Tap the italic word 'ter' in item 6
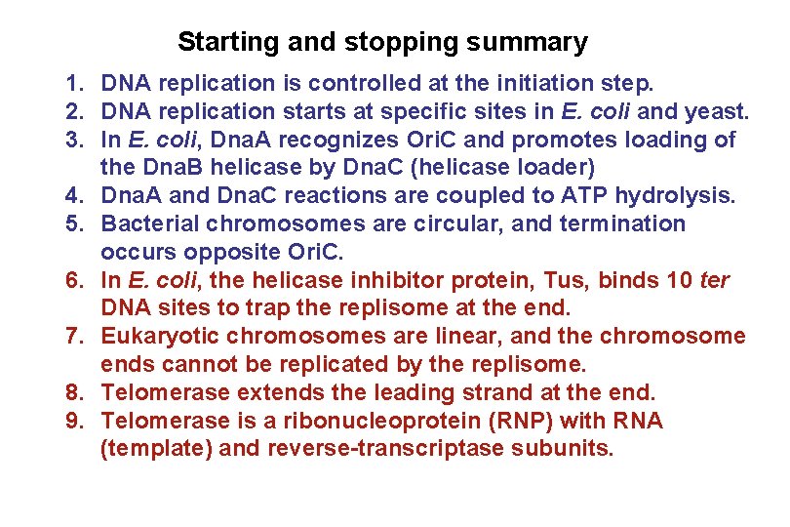pos(714,281)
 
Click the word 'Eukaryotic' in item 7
pos(158,338)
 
